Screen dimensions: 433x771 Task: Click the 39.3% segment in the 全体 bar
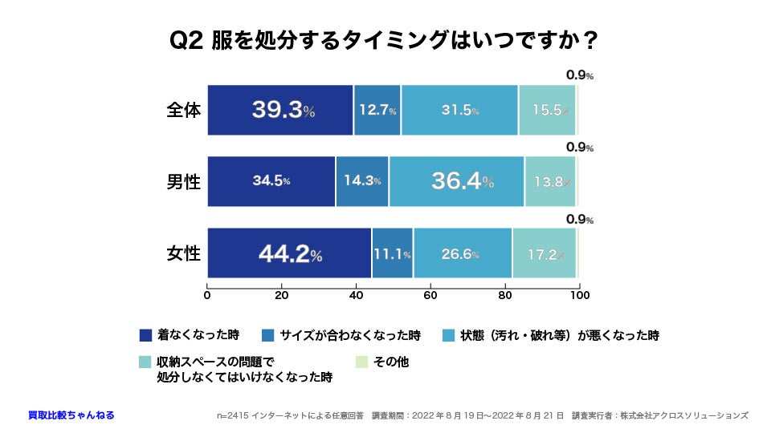click(280, 110)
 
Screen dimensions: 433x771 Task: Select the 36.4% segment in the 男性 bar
click(456, 181)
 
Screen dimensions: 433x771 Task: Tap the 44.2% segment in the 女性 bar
click(289, 254)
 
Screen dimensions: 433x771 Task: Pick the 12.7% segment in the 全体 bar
click(377, 110)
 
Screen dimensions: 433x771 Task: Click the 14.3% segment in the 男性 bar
click(362, 181)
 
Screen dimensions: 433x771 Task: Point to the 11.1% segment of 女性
click(392, 254)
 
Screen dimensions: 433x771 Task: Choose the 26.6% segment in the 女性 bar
click(462, 254)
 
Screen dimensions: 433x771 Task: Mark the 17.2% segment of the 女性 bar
click(545, 254)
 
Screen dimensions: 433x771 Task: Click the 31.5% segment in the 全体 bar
click(459, 110)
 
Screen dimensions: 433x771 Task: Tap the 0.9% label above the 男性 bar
click(579, 148)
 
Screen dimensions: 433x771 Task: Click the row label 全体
click(183, 110)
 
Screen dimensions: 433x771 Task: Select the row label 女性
click(183, 254)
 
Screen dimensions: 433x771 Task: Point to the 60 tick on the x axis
click(430, 295)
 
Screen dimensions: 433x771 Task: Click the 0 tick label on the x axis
click(207, 295)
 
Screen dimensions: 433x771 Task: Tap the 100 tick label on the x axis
click(578, 295)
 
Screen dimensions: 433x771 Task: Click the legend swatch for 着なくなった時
click(145, 334)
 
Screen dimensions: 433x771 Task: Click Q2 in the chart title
click(186, 40)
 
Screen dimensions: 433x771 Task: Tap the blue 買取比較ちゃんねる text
click(71, 415)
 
